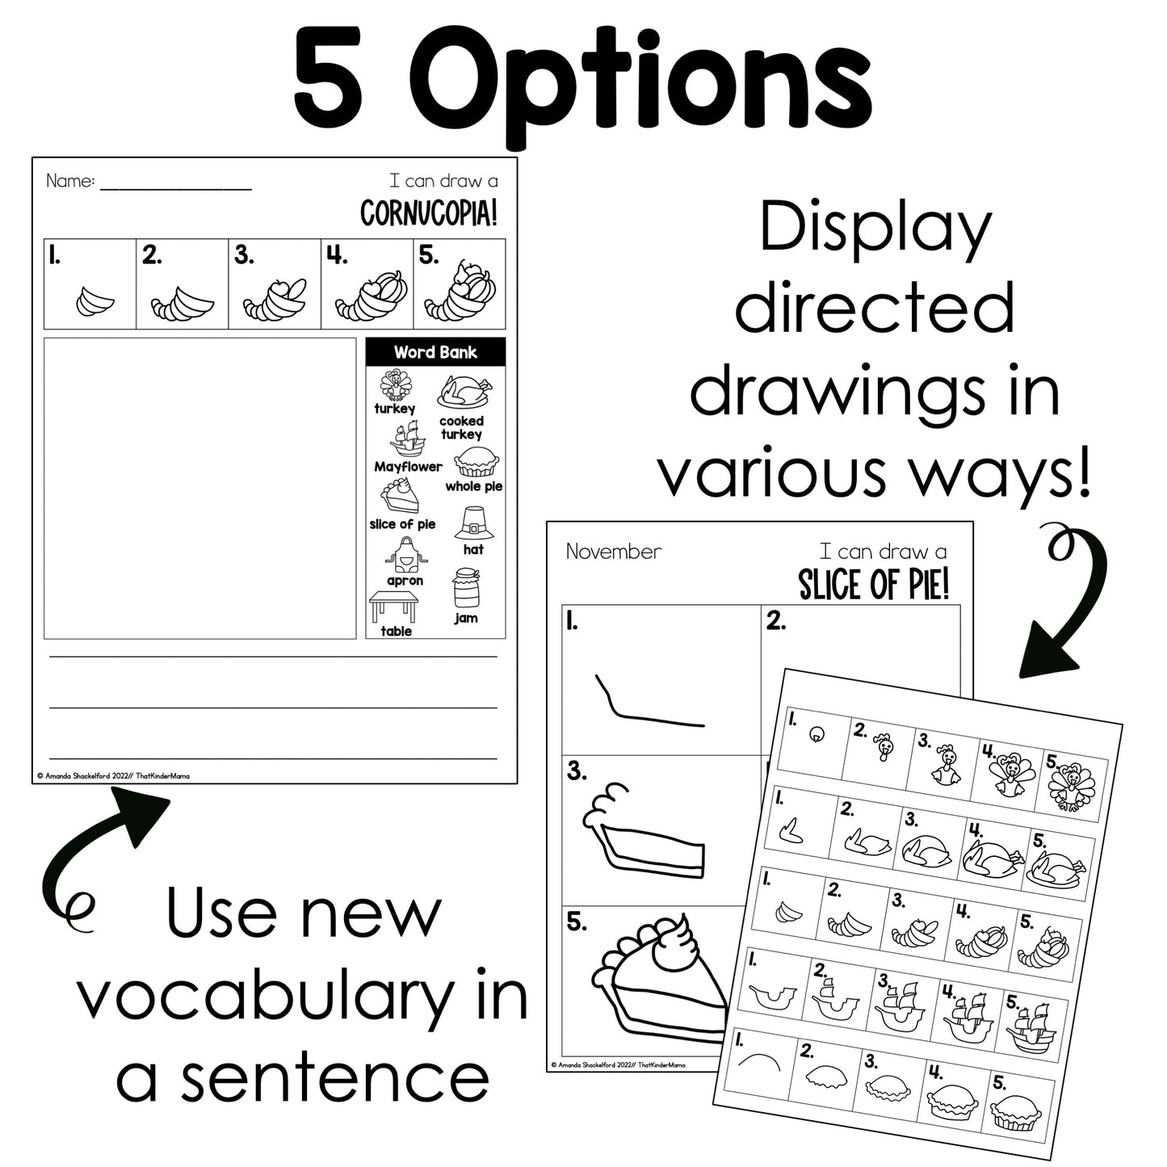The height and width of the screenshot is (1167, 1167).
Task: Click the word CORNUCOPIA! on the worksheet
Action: point(429,213)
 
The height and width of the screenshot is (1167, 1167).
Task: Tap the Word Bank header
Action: point(435,352)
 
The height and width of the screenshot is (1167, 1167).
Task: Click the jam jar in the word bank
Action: point(466,587)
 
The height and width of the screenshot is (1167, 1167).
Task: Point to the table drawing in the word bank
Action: point(393,607)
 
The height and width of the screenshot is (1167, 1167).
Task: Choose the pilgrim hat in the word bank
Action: point(474,523)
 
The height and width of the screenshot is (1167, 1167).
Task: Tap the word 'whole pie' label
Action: point(473,486)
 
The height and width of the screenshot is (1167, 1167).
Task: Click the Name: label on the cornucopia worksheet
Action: point(70,180)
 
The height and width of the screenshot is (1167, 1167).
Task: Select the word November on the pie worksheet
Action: point(614,552)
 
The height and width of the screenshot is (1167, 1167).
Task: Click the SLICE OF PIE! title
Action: point(873,585)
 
